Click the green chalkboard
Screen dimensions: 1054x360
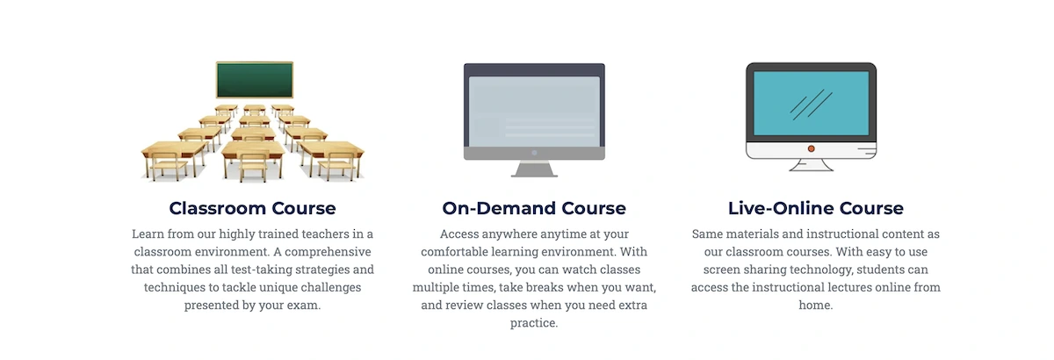(255, 80)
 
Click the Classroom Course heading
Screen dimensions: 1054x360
(253, 208)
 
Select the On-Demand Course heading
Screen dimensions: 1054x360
(534, 208)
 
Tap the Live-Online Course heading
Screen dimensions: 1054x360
(815, 208)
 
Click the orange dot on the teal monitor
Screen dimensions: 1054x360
(812, 148)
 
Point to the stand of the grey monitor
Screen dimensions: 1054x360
(534, 169)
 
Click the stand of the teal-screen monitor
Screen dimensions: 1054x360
(812, 165)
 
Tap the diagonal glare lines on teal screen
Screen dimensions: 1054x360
(812, 104)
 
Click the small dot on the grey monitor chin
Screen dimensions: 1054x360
(534, 153)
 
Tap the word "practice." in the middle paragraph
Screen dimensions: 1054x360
(534, 323)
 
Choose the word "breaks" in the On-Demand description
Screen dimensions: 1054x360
(545, 287)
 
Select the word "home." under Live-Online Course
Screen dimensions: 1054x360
(815, 305)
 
